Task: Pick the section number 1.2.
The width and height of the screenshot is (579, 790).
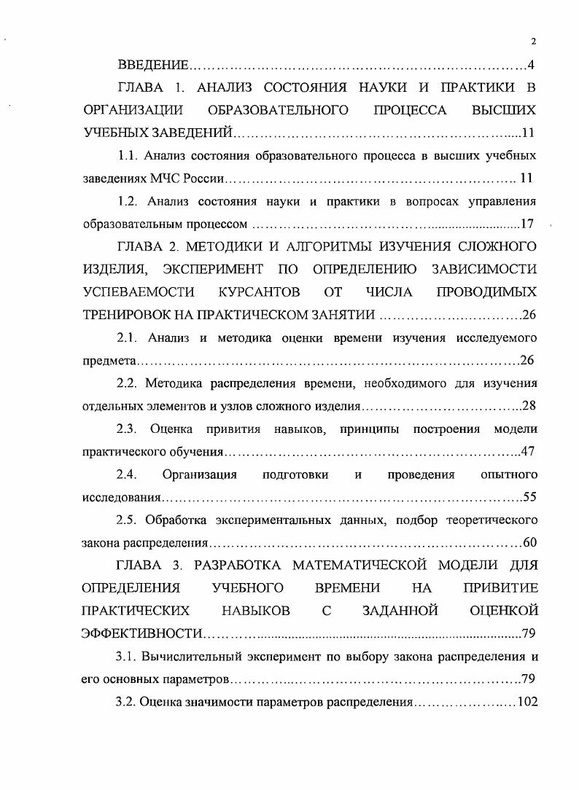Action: pos(128,200)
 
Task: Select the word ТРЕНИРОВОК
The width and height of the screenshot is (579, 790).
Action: pos(128,315)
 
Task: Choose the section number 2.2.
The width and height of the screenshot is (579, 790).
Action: pos(128,383)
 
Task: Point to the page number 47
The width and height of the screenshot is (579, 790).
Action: pos(528,451)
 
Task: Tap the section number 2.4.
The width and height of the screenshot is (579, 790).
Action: pos(128,474)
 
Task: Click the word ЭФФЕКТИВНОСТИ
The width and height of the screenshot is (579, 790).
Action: pos(142,633)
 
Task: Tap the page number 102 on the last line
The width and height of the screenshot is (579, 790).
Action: pos(526,702)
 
